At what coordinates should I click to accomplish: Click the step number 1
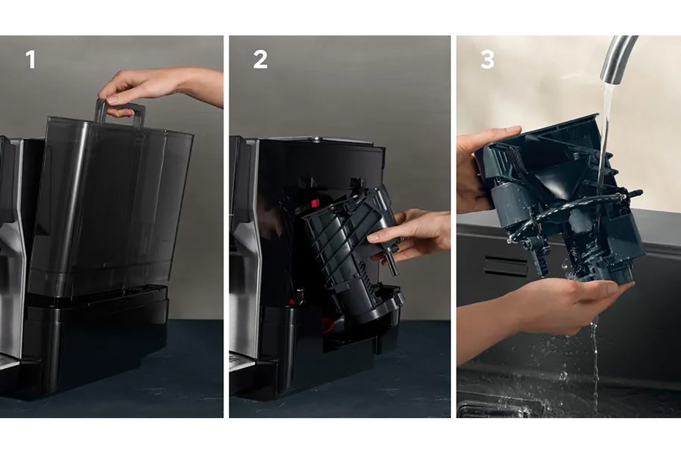click(31, 59)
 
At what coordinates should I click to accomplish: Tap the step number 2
click(260, 59)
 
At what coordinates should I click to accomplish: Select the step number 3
click(487, 59)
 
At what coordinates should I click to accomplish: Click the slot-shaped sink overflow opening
click(506, 266)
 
